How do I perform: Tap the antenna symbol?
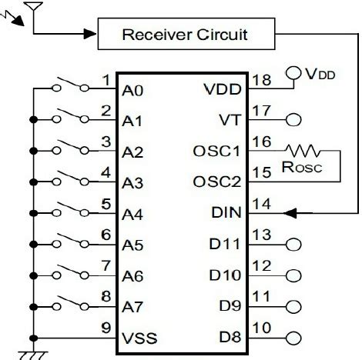point(32,8)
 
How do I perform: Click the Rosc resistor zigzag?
point(302,151)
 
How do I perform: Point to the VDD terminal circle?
point(291,74)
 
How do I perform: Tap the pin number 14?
point(262,205)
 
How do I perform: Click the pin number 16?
point(262,142)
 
